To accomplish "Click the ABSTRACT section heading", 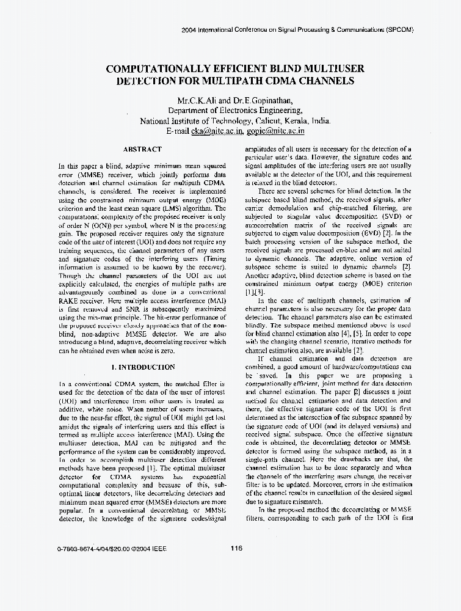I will click(142, 149).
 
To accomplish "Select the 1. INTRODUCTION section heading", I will click(142, 367).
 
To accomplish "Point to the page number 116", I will click(237, 548).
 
